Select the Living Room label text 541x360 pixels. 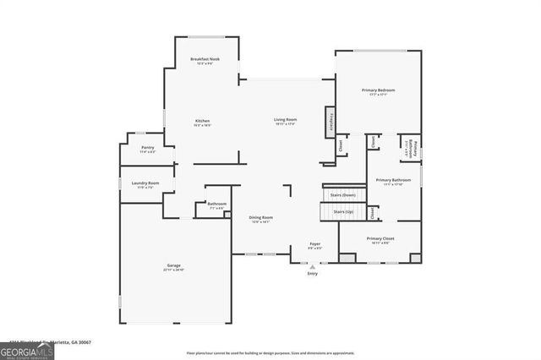pos(284,122)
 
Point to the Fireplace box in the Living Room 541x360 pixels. pos(330,122)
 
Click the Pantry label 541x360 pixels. pos(148,150)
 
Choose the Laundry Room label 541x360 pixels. pos(145,184)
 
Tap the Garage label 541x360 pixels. pos(173,267)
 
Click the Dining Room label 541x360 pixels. pos(260,219)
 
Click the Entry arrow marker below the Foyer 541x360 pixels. pos(313,266)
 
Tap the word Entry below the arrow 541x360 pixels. pos(313,274)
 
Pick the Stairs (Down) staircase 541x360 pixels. pos(343,194)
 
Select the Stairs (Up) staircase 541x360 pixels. pos(343,211)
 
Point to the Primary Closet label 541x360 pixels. pos(380,240)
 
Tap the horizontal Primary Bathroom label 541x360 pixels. pos(393,181)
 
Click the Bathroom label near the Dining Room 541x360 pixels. pos(216,205)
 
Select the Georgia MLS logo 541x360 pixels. pos(27,351)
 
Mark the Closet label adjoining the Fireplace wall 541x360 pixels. pos(342,145)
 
